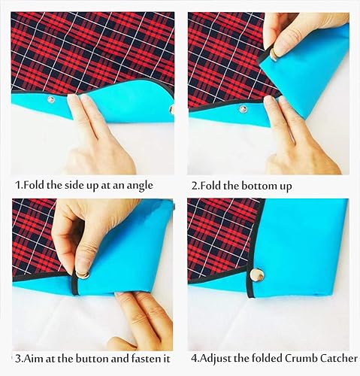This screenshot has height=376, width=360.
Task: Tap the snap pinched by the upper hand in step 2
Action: click(x=274, y=54)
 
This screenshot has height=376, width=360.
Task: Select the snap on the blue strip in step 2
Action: click(x=243, y=109)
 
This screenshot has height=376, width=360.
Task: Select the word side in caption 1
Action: click(x=62, y=185)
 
